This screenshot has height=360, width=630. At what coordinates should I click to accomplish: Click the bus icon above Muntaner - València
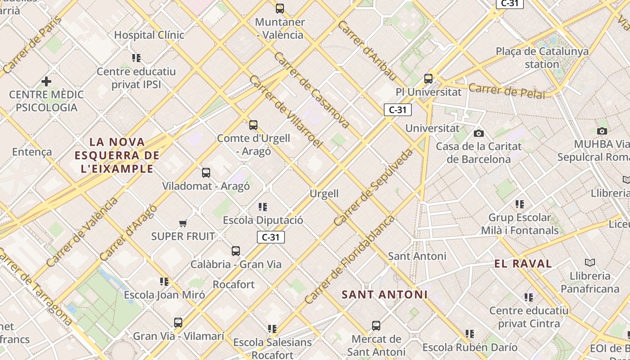coord(280,8)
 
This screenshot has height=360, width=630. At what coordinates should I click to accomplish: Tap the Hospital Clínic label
coord(149,35)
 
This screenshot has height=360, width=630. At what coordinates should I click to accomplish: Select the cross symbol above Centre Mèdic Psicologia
coord(46,81)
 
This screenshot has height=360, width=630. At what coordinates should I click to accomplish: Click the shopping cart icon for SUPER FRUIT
coord(183,223)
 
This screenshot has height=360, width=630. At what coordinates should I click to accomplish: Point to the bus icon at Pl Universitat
coord(428,79)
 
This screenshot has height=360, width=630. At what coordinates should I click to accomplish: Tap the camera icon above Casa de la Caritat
coord(479,133)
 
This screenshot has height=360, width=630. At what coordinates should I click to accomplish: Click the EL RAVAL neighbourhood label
coord(523,264)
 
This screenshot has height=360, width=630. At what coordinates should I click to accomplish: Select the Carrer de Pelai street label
coord(506,90)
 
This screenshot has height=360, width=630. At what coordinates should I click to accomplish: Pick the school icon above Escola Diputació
coord(263,207)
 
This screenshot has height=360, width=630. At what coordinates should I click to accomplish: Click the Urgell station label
coord(324,193)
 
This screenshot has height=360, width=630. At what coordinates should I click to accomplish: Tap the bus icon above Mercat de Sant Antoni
coord(376,325)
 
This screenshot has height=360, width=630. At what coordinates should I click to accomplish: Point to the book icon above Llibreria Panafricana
coord(589,262)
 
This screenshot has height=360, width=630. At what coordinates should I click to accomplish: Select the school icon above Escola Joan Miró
coord(164,282)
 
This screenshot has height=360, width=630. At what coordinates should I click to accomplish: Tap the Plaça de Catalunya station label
coord(542,58)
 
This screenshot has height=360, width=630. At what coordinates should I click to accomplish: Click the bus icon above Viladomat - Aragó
coord(206,172)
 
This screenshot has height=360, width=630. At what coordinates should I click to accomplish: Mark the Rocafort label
coord(234,284)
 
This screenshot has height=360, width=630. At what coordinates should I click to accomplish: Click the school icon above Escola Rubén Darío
coord(470,334)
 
